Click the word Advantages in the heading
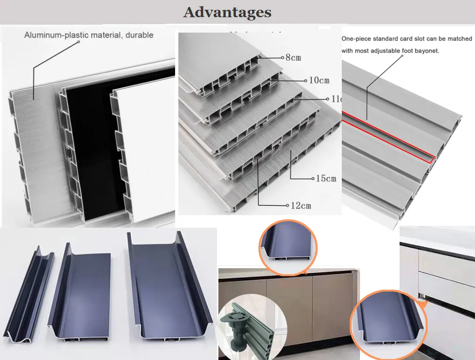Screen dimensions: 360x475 point(227,12)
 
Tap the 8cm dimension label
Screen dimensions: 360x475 point(293,58)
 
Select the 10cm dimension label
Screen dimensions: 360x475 point(319,80)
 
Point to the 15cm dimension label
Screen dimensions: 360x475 point(326,179)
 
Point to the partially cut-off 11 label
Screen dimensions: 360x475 point(336,99)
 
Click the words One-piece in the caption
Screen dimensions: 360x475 point(357,39)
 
